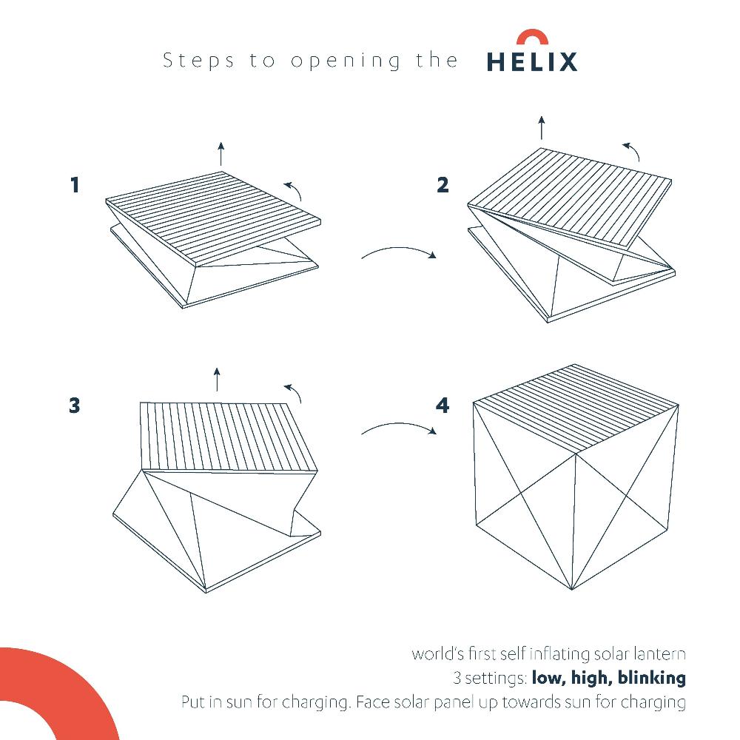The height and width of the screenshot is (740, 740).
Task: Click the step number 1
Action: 74,184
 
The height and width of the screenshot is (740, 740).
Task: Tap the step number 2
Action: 443,184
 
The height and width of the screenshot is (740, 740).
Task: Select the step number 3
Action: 74,406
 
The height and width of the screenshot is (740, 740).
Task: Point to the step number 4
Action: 443,406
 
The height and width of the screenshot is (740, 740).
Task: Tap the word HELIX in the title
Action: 531,62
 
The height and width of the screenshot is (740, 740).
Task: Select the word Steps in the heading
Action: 199,61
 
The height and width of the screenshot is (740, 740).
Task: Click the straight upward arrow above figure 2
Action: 542,127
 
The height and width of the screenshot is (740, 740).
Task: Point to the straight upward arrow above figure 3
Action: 216,379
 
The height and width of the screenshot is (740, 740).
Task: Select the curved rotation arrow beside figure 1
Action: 294,189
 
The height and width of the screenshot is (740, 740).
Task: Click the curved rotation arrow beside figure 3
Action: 294,392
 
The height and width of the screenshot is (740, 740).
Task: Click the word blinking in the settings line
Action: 651,677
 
